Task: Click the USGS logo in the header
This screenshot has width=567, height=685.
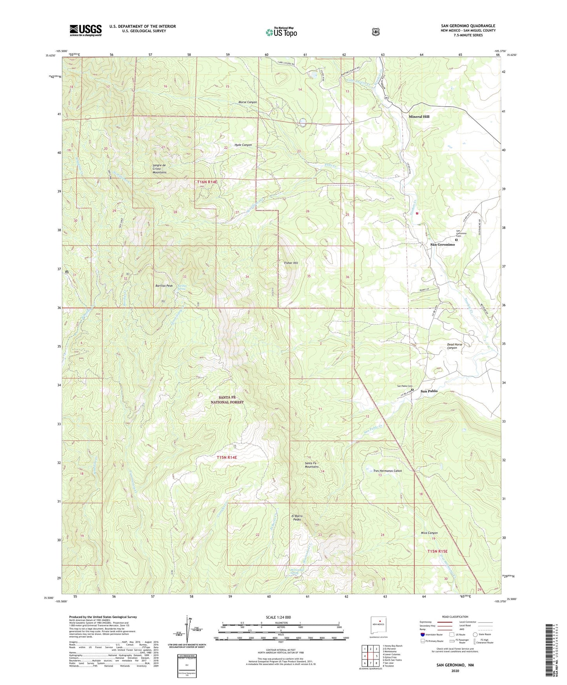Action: point(86,30)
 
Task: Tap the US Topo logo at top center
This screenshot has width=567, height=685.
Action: point(281,32)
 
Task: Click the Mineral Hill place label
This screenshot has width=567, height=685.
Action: point(419,117)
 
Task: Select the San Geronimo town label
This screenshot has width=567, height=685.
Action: point(442,244)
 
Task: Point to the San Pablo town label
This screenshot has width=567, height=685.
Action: point(429,391)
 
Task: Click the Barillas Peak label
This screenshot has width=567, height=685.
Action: point(164,286)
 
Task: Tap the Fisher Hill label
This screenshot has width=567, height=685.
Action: point(291,263)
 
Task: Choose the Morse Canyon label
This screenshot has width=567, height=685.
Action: point(248,102)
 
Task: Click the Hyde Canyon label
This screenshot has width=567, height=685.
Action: point(243,145)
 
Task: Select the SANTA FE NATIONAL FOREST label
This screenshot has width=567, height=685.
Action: point(227,400)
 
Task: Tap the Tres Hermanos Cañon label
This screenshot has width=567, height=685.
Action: point(387,471)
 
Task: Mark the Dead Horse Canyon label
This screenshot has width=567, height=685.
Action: point(454,346)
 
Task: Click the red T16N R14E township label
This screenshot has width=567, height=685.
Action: point(207,182)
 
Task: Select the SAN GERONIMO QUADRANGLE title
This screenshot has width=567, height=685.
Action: point(468,26)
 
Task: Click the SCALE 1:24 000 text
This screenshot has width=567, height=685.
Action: point(278,617)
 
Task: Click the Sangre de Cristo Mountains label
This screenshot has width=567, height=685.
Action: point(159,169)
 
